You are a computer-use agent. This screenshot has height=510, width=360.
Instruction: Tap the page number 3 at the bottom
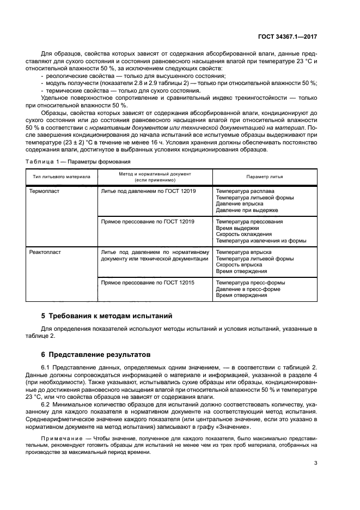click(x=316, y=463)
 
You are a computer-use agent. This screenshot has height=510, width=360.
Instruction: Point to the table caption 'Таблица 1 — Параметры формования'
click(x=78, y=162)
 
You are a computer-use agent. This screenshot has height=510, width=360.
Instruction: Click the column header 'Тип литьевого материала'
click(x=62, y=177)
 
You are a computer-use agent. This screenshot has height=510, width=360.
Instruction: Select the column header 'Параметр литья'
click(x=261, y=177)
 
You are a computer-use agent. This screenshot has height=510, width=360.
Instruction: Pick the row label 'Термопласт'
click(x=47, y=192)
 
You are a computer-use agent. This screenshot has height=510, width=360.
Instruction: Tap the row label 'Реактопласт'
click(x=48, y=252)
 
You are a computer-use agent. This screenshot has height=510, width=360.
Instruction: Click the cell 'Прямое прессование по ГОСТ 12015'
click(x=148, y=283)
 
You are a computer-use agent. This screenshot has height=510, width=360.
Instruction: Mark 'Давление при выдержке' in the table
click(x=247, y=210)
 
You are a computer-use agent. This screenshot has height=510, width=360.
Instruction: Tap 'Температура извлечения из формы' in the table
click(x=261, y=240)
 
